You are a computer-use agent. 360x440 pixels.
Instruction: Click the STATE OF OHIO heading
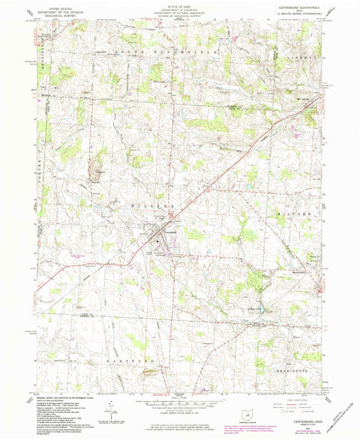180,6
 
